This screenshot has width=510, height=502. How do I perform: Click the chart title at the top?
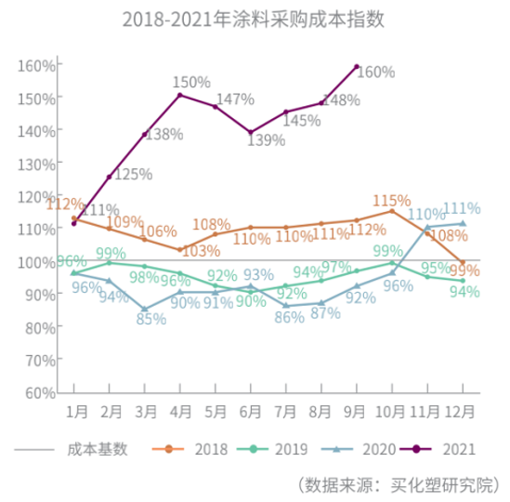click(x=253, y=20)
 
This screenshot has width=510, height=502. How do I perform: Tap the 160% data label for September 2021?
click(x=376, y=72)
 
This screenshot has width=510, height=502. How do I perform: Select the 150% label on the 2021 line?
click(x=192, y=83)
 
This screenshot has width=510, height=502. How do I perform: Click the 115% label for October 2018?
click(x=391, y=201)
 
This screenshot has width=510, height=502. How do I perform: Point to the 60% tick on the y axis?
click(x=35, y=392)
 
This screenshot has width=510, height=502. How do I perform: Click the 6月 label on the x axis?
click(x=251, y=410)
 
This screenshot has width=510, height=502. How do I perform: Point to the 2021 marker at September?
click(x=357, y=66)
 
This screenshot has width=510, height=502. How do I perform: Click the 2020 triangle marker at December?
click(x=463, y=223)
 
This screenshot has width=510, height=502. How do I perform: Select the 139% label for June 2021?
click(x=266, y=139)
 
